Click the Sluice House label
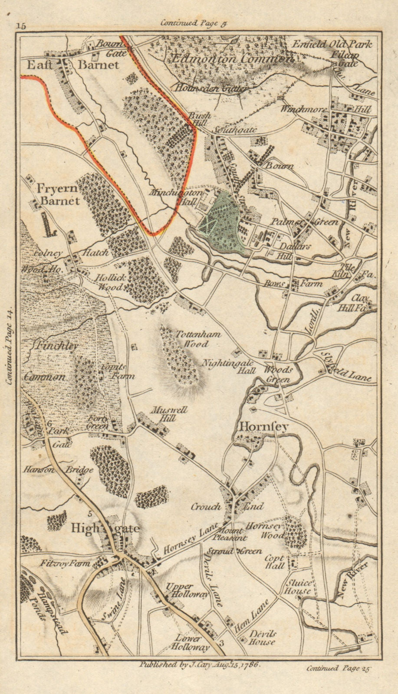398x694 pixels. coord(298,587)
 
